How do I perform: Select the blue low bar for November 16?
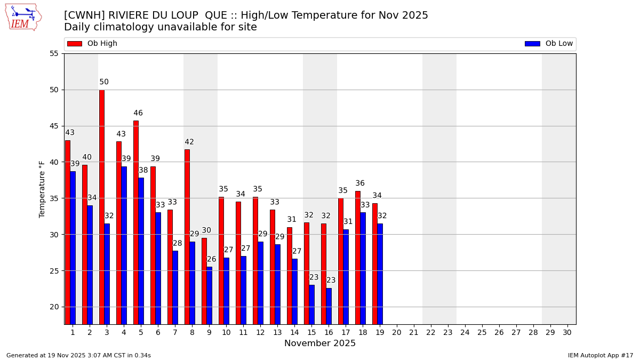[x=329, y=306]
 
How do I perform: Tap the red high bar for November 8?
[x=187, y=237]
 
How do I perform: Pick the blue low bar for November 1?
[x=73, y=247]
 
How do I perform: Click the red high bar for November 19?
[x=375, y=263]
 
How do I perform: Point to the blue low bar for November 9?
[x=210, y=295]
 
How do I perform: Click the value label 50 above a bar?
[x=104, y=82]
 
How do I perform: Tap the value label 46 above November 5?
[x=138, y=113]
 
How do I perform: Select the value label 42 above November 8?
[x=189, y=142]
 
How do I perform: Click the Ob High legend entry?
[x=92, y=44]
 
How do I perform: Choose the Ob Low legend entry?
[x=549, y=44]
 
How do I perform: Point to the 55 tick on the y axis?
[x=54, y=54]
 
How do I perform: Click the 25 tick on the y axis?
[x=54, y=271]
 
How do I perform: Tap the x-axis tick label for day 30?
[x=567, y=332]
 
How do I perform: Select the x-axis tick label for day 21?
[x=413, y=332]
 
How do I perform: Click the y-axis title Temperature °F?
[x=42, y=189]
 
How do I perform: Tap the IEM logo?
[x=23, y=17]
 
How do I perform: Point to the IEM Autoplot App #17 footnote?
[x=600, y=355]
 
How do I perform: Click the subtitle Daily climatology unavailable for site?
[x=161, y=27]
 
